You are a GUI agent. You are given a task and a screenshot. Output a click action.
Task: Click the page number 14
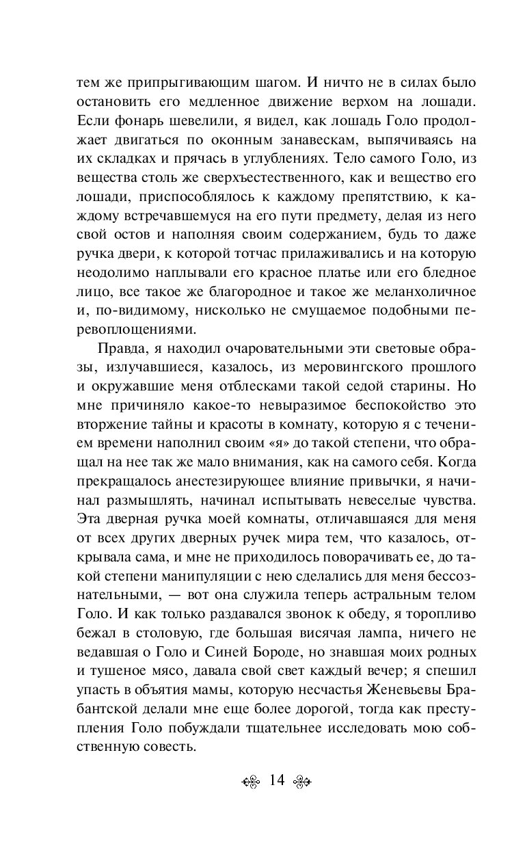277,781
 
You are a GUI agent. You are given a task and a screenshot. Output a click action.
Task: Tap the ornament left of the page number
251,782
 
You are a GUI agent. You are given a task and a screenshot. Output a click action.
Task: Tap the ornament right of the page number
302,782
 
